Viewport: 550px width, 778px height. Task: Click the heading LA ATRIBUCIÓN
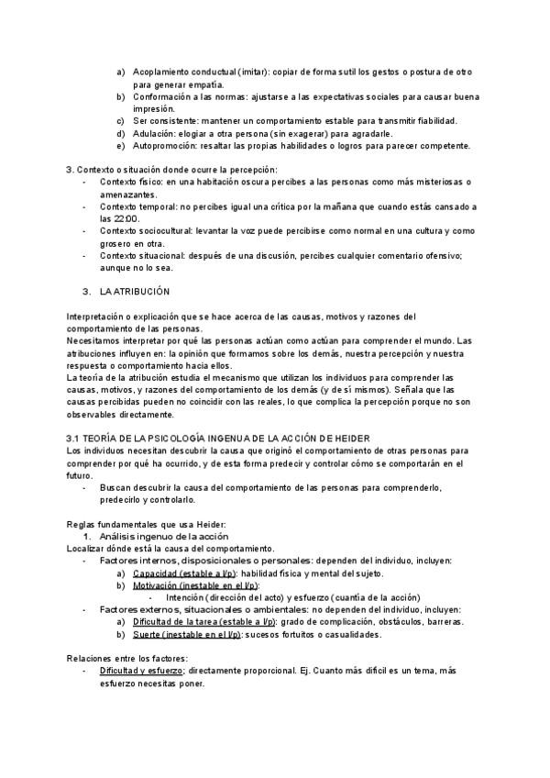(x=135, y=291)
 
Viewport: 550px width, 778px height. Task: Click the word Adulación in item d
(x=152, y=133)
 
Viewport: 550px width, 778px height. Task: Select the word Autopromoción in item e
(x=160, y=145)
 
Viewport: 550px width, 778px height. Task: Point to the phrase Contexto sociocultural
(x=145, y=230)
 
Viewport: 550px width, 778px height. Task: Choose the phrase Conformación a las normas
(x=187, y=96)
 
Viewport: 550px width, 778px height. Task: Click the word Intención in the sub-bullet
(x=188, y=597)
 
